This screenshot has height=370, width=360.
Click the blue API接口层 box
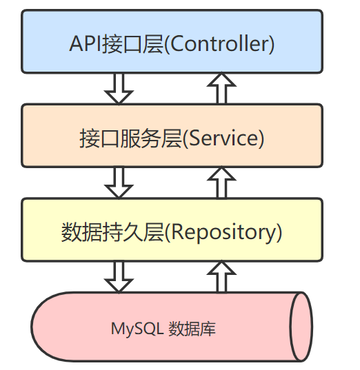point(172,41)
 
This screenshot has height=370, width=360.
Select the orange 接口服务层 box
point(172,135)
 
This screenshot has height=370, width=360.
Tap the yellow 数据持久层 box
point(172,229)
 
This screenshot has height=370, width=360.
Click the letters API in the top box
point(84,44)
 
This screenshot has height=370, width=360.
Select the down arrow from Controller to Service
point(119,88)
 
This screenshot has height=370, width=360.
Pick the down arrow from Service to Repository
point(119,182)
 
